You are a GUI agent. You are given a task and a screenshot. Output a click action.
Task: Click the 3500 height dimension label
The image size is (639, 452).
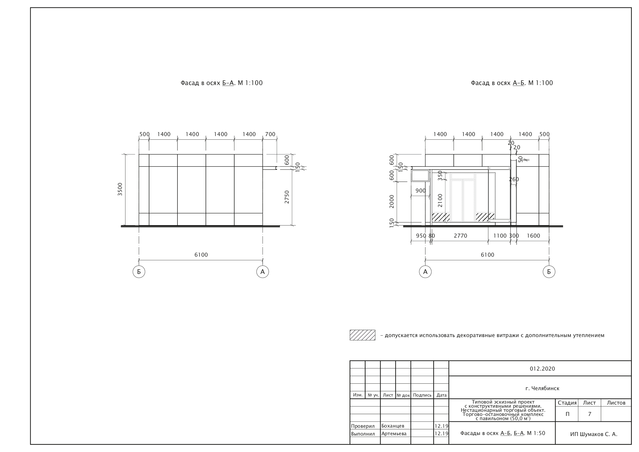click(x=120, y=189)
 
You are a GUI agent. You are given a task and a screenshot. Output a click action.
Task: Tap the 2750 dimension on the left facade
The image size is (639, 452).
click(x=287, y=197)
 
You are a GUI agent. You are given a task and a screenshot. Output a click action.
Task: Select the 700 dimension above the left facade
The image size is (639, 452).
click(x=270, y=134)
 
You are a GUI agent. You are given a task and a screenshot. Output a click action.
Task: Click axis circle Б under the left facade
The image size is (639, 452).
click(x=139, y=272)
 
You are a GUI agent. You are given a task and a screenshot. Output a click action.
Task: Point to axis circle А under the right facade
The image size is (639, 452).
click(x=425, y=272)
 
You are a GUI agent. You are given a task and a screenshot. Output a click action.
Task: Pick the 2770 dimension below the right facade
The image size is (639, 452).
click(x=460, y=236)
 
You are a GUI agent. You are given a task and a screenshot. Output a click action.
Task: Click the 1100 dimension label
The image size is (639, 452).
click(x=500, y=236)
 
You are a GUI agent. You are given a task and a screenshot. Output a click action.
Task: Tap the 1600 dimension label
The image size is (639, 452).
click(x=533, y=236)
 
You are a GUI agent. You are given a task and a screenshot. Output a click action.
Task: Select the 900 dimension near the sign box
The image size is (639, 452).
click(x=420, y=191)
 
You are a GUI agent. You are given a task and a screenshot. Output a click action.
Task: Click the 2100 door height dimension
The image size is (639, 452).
click(x=440, y=200)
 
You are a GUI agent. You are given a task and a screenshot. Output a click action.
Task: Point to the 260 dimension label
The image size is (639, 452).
click(x=514, y=179)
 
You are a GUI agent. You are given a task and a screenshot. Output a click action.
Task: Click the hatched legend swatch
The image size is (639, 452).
click(x=362, y=335)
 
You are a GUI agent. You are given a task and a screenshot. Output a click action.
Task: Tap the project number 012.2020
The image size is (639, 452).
click(x=542, y=369)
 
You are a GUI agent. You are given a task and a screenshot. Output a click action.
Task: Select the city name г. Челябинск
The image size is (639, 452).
click(x=542, y=388)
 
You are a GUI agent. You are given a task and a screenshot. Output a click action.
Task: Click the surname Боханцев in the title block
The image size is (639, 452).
click(x=393, y=426)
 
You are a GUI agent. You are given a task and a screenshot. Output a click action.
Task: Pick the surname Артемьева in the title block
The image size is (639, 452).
click(x=394, y=434)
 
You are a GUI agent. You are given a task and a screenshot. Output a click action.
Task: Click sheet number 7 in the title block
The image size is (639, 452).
click(x=590, y=414)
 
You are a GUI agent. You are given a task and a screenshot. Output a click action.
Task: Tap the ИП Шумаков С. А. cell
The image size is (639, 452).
click(x=593, y=434)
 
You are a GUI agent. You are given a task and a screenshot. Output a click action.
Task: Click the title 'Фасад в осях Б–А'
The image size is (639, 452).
click(x=221, y=83)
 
